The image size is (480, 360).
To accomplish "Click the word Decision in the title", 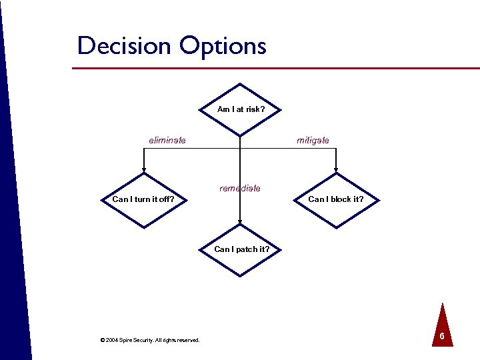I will (x=123, y=46).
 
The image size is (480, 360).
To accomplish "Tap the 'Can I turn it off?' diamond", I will (x=143, y=199).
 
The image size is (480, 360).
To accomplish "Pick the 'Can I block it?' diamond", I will (x=336, y=199).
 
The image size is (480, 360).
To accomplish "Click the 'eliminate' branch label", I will (x=167, y=140).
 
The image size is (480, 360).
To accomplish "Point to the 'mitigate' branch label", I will (x=313, y=140).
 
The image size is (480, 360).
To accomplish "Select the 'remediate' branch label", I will (x=240, y=189).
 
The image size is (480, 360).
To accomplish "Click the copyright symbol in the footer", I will (x=102, y=340).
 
